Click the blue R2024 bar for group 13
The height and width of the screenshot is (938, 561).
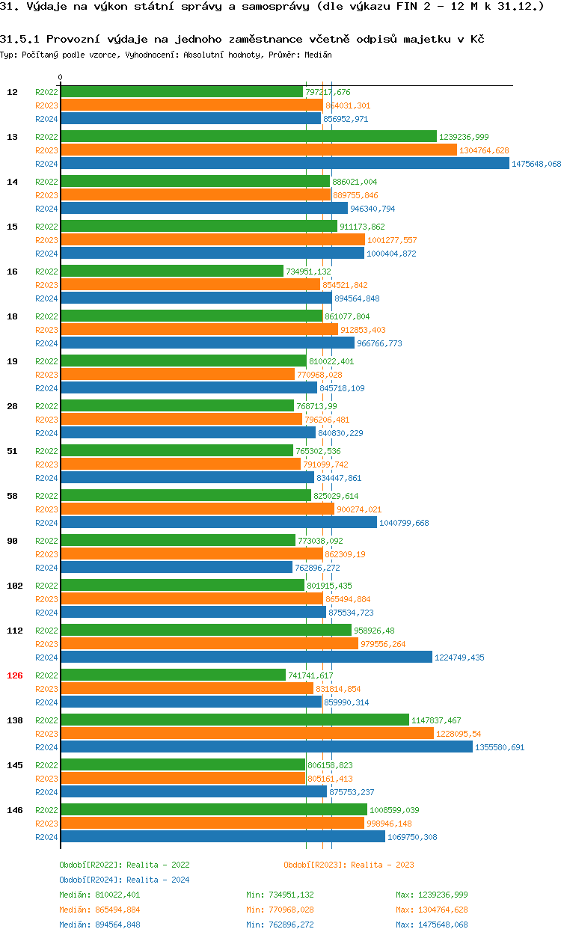coord(284,164)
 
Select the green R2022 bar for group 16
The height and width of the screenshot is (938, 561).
coord(172,272)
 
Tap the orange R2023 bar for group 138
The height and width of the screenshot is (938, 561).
coord(247,734)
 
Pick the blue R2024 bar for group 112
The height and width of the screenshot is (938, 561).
coord(246,657)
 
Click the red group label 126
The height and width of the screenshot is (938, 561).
coord(15,675)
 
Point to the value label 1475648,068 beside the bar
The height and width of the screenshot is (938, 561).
coord(536,164)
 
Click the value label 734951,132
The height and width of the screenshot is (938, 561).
coord(308,272)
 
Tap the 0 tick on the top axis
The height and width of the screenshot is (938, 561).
coord(61,77)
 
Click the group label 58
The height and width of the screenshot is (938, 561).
coord(13,496)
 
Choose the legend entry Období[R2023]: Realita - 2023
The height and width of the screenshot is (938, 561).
coord(349,865)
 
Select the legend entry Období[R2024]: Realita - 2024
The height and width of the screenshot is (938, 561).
coord(124,880)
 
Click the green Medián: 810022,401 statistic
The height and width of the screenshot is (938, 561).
coord(99,895)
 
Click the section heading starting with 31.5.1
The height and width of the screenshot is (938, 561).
coord(242,39)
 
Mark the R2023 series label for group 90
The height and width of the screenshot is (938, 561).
coord(46,554)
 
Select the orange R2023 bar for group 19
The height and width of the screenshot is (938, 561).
coord(177,375)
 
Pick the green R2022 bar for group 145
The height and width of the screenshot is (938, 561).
coord(182,765)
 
